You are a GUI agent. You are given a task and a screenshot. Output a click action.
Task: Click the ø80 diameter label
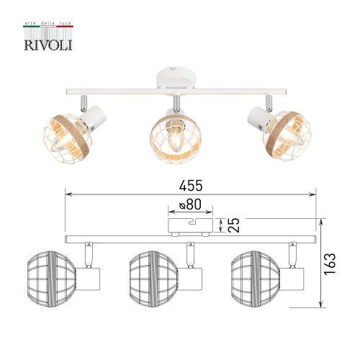point(189,204)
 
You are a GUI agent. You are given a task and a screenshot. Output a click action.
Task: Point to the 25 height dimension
point(232,225)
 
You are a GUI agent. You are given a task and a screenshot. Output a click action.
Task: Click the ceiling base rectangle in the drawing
point(189,226)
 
